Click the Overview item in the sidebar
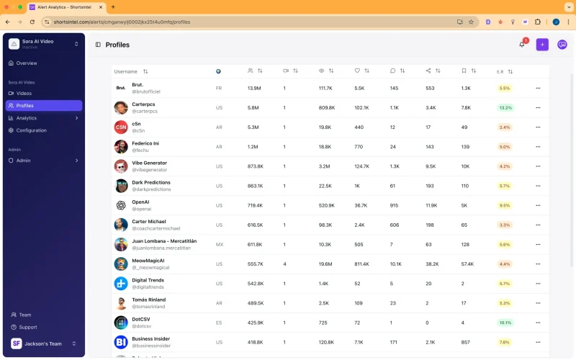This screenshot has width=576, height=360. click(x=27, y=63)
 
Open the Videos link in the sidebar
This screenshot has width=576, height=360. click(x=24, y=94)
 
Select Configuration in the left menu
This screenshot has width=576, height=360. click(x=31, y=130)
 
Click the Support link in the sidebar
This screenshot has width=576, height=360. click(x=28, y=327)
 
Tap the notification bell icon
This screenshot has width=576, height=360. click(x=522, y=45)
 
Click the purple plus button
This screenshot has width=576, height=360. click(x=542, y=45)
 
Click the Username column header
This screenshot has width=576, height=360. click(x=126, y=71)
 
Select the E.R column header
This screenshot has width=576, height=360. click(x=500, y=71)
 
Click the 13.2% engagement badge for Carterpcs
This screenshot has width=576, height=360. click(x=505, y=108)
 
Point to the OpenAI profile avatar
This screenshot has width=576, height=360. click(x=121, y=205)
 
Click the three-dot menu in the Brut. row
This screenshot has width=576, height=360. click(x=537, y=88)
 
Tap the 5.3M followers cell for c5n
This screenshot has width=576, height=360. click(x=253, y=127)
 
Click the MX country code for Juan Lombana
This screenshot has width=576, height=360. click(x=220, y=245)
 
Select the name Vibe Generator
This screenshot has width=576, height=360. click(x=149, y=163)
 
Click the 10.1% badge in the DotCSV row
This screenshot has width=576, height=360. click(x=505, y=323)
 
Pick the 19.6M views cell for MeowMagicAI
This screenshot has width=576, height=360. click(x=325, y=264)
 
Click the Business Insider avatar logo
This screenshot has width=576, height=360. click(x=121, y=342)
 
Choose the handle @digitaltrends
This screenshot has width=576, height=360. click(x=149, y=287)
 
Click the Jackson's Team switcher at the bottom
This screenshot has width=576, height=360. click(x=44, y=343)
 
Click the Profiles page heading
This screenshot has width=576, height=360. click(x=117, y=45)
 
